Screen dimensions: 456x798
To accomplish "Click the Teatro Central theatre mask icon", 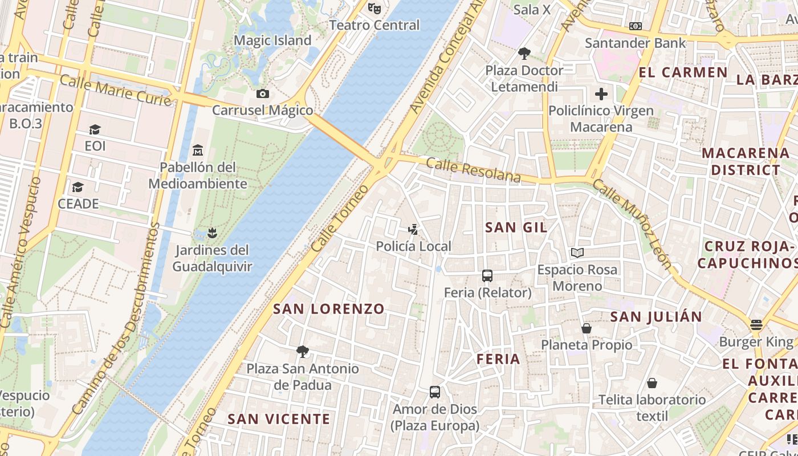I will pos(374,8).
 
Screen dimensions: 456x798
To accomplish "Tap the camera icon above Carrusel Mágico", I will pos(263,93).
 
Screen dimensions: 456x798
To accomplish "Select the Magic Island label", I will pos(272,40).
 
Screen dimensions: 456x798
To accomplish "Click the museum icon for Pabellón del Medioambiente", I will pos(198,150).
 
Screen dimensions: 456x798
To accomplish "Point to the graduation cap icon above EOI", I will pos(95,130).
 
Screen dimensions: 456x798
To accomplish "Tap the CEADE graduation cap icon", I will pos(78,188).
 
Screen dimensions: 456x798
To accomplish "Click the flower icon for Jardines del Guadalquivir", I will pos(212,233).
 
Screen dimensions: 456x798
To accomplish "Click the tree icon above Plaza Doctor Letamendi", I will pos(524,54).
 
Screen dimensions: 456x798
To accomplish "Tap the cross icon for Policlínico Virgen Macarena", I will pos(601,94).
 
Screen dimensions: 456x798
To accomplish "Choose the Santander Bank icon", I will pos(636,26).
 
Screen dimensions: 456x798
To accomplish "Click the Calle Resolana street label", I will pos(473,170).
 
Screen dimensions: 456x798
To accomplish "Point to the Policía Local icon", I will pos(413,230).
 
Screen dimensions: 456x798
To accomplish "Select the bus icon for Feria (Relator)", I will pos(487,276).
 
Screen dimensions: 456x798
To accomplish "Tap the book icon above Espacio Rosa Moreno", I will pos(577,253).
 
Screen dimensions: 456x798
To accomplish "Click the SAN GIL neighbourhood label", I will pos(516,227).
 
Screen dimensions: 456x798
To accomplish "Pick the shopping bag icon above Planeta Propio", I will pos(587,328).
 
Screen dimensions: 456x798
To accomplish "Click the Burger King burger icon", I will pos(756,325).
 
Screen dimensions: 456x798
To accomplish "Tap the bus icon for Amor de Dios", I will pos(435,392).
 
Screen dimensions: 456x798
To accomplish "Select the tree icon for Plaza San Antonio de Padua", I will pos(303,352).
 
